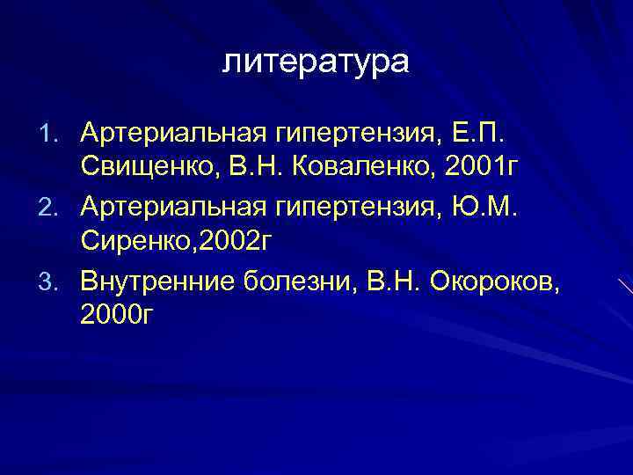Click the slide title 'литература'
click(316, 62)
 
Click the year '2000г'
click(115, 313)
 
